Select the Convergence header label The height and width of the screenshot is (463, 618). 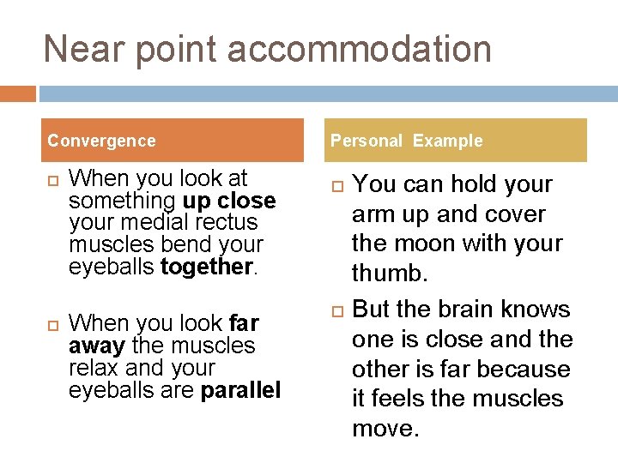point(101,141)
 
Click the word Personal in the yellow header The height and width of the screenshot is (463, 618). point(367,141)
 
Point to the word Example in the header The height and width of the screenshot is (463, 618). point(447,141)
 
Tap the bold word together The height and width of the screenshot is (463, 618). point(206,267)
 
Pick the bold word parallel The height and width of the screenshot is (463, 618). point(240,390)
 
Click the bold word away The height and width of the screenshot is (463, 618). point(97,346)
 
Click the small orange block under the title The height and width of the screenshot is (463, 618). point(18,93)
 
